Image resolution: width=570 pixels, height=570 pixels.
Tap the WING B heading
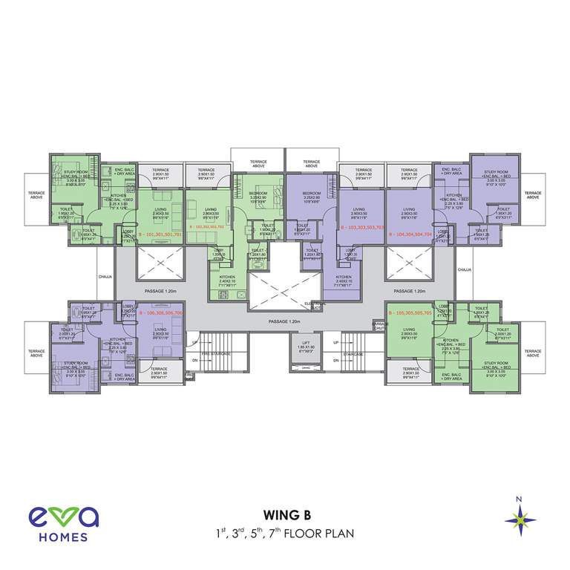click(x=285, y=514)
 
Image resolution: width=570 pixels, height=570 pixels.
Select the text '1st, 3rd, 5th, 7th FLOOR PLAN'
click(x=285, y=532)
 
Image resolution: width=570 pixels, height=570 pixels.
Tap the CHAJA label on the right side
click(x=465, y=270)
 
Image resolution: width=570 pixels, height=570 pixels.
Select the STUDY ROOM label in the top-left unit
click(x=75, y=175)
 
